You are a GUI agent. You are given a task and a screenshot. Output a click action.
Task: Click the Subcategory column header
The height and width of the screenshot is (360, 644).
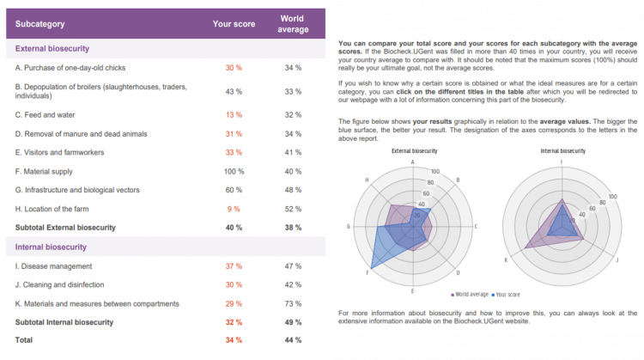40,24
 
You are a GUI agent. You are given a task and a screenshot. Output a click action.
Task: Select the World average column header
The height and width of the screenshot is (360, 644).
292,23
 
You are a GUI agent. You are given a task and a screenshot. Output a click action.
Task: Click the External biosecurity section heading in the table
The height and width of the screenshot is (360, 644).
52,49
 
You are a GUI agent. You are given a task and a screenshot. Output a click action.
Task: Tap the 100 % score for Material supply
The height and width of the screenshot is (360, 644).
234,172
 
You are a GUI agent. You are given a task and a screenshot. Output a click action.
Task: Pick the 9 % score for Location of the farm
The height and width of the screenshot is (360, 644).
234,209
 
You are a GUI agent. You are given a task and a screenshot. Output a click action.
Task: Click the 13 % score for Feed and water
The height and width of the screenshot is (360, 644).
234,114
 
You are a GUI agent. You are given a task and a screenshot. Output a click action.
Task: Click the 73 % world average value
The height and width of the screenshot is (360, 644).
292,303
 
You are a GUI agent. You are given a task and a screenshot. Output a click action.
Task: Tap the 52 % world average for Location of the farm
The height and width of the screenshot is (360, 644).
292,209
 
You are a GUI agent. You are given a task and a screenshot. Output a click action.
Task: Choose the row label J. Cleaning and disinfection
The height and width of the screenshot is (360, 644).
60,284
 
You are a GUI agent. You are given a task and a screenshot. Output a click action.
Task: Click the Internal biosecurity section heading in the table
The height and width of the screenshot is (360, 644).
51,247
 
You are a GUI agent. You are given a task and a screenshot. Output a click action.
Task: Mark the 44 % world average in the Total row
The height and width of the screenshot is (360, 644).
292,340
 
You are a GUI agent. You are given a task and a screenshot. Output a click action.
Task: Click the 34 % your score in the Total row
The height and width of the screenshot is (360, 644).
234,340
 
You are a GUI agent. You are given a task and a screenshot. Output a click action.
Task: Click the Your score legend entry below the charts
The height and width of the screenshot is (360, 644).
512,294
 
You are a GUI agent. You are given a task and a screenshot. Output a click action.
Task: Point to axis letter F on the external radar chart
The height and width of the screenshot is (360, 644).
367,273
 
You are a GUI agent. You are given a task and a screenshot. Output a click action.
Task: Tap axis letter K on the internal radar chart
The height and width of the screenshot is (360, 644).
506,259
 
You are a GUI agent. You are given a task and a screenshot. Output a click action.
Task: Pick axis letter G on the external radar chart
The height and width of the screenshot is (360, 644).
348,226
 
